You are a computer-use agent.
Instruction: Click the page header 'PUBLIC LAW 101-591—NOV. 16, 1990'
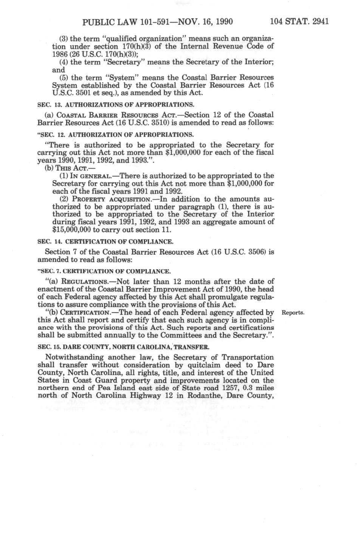pyautogui.click(x=158, y=21)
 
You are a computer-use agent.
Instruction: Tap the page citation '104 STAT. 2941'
pyautogui.click(x=299, y=21)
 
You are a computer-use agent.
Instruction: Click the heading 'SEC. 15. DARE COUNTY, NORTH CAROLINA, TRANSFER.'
pyautogui.click(x=124, y=347)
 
